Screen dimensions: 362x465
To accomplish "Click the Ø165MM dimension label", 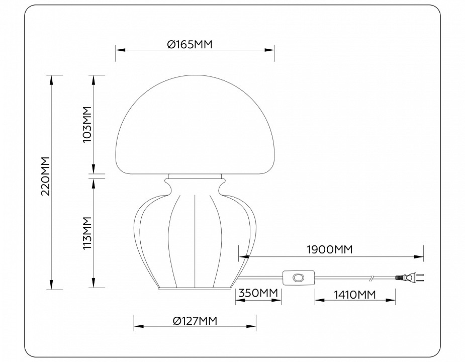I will [190, 44].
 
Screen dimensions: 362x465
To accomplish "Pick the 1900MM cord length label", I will [330, 249].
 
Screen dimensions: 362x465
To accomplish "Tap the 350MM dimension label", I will [258, 293].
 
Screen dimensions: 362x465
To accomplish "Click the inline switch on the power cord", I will [297, 277].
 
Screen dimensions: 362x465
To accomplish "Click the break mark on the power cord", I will [371, 277].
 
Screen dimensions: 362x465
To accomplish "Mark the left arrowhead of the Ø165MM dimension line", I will [118, 50].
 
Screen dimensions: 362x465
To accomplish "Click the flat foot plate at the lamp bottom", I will [195, 289].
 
